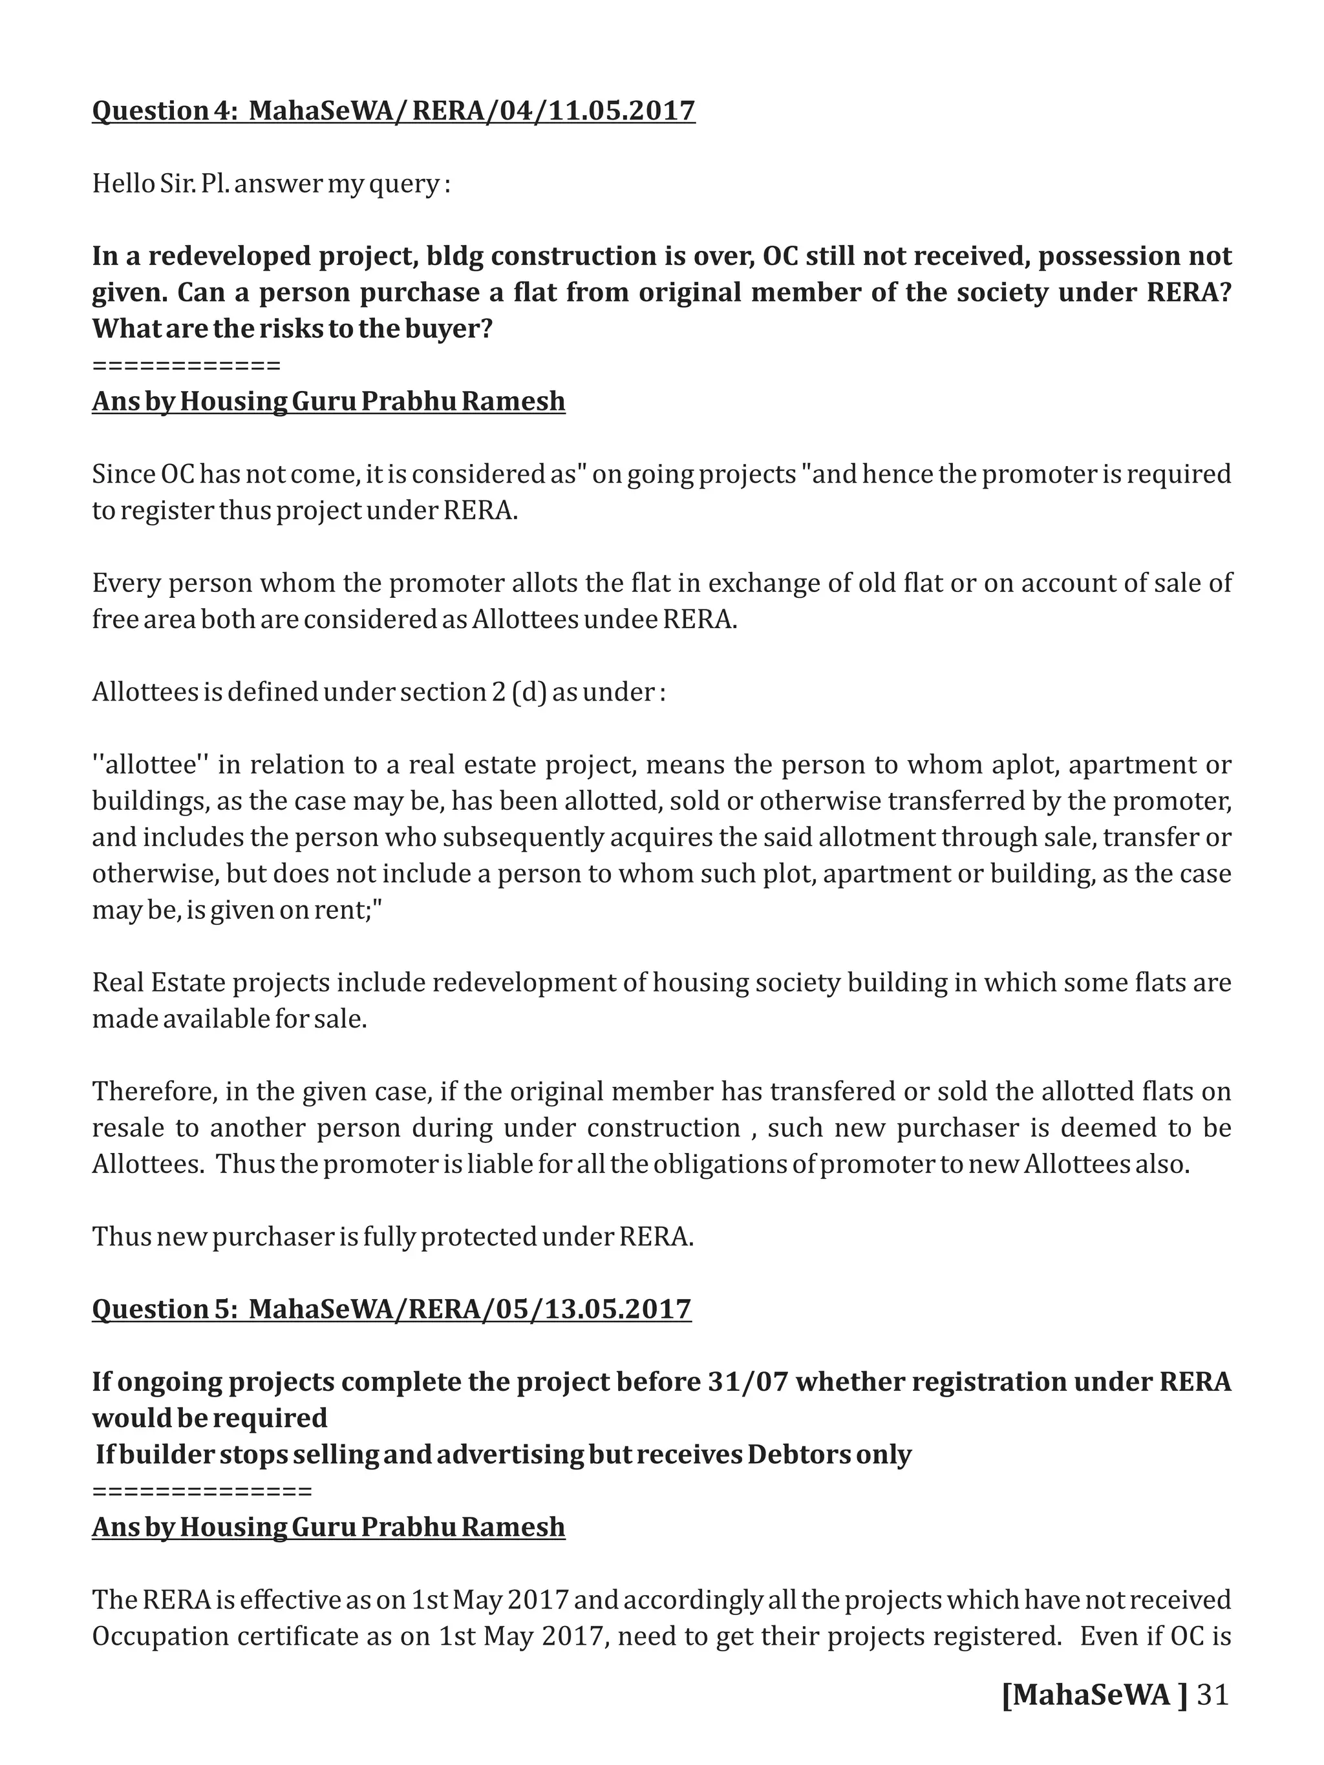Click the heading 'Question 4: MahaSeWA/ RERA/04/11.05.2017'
[x=394, y=110]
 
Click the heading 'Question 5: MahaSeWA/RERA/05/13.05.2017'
[x=391, y=1309]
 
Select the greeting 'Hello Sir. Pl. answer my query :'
[x=272, y=184]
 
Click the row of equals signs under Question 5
[x=202, y=1490]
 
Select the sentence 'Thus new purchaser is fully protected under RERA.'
[x=392, y=1236]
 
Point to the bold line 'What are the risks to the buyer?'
[x=292, y=329]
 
